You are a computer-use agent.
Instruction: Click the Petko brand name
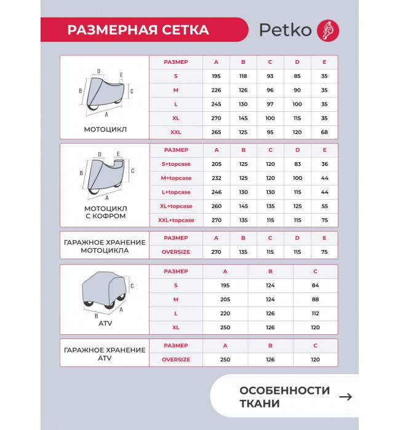coord(286,30)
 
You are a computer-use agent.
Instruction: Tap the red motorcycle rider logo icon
coord(327,30)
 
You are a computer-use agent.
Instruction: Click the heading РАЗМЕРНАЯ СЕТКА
coord(138,30)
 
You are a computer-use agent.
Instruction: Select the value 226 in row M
coord(216,89)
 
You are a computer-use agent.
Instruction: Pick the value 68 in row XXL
coord(324,131)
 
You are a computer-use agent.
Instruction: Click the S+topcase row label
coord(176,164)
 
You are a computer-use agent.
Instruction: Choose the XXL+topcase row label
coord(176,220)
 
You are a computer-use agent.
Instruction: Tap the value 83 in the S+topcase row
coord(297,164)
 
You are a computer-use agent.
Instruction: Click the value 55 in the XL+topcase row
coord(324,206)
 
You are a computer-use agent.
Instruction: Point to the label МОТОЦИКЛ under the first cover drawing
coord(105,130)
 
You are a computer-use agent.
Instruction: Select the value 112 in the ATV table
coord(315,313)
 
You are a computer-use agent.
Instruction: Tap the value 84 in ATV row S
coord(315,285)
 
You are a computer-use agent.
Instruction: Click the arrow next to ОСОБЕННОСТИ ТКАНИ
coord(346,397)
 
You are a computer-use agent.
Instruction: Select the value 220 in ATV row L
coord(225,313)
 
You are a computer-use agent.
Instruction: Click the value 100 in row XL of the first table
coord(270,117)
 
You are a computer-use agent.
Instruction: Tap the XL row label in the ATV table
coord(176,327)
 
